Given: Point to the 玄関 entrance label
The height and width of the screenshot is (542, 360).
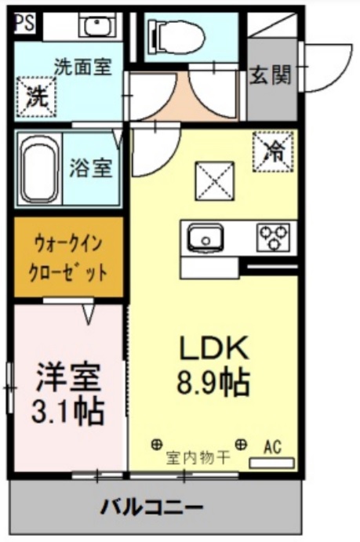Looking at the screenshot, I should pos(271,76).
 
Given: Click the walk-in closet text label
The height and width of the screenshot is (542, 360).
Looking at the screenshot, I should pos(70,258).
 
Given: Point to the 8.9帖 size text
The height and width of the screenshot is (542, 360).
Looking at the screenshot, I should pos(214,384).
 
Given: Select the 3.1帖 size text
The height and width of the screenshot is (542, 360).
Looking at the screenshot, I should pos(69,411).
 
